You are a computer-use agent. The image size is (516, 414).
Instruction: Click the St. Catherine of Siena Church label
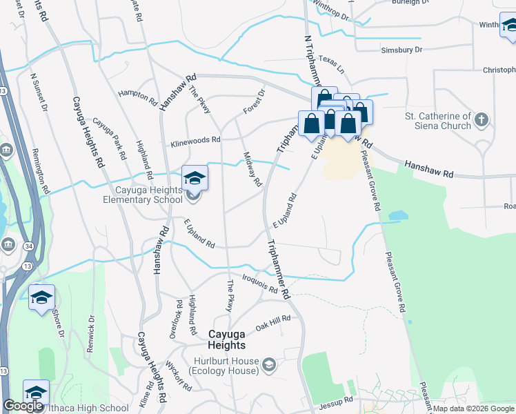tap(438, 121)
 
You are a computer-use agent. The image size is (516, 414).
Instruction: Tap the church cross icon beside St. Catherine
tap(482, 120)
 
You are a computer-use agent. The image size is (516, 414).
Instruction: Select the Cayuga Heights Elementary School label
tap(137, 195)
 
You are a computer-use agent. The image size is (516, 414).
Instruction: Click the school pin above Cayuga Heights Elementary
tap(195, 179)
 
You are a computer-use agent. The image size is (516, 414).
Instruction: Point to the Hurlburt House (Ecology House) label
tap(226, 366)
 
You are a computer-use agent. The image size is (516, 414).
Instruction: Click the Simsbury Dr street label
tap(401, 50)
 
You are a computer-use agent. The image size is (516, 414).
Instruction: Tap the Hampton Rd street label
tap(137, 97)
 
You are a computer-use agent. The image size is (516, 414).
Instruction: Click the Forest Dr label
tap(254, 101)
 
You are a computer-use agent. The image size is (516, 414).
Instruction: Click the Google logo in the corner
tap(23, 406)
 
